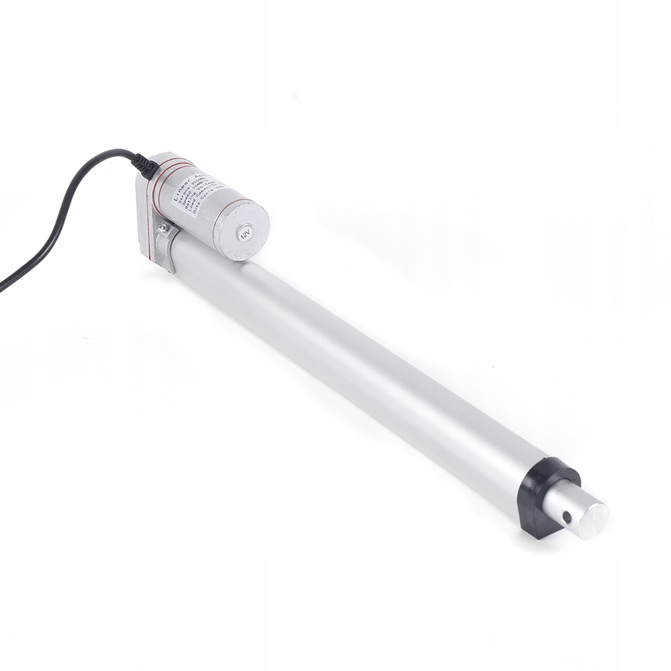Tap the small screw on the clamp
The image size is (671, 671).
point(163,228)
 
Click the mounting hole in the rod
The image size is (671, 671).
point(567,517)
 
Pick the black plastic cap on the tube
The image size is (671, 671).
point(547,497)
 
